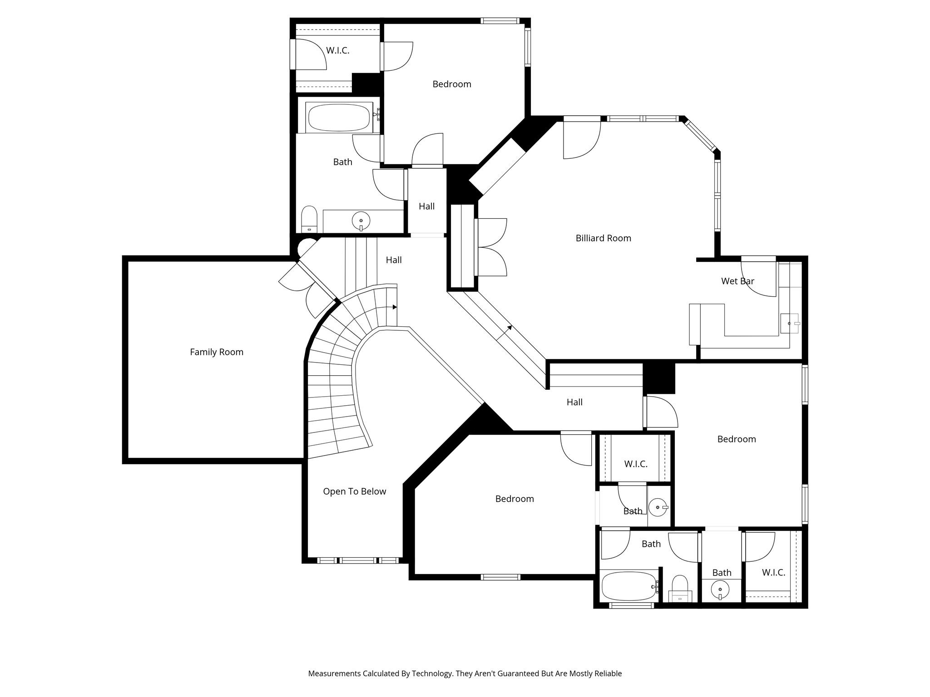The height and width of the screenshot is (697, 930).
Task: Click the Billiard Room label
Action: pyautogui.click(x=603, y=238)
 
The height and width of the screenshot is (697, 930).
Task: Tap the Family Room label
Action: pyautogui.click(x=217, y=352)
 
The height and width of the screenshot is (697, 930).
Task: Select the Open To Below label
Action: pyautogui.click(x=355, y=491)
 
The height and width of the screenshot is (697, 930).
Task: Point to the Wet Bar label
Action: pyautogui.click(x=737, y=281)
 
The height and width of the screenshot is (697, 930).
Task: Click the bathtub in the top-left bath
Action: pyautogui.click(x=339, y=118)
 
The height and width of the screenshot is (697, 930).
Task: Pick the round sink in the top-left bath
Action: pyautogui.click(x=361, y=221)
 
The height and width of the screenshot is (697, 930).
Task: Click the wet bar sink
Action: pyautogui.click(x=789, y=324)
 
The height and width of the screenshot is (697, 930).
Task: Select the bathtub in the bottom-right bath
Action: pyautogui.click(x=629, y=586)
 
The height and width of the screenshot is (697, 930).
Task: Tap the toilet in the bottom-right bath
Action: pyautogui.click(x=680, y=588)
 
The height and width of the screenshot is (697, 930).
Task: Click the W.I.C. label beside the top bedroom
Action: pyautogui.click(x=338, y=51)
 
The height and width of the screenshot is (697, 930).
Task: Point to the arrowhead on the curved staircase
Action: pyautogui.click(x=395, y=307)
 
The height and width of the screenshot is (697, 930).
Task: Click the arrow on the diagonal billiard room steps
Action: pyautogui.click(x=504, y=333)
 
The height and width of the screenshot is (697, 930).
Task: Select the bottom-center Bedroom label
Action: pyautogui.click(x=514, y=499)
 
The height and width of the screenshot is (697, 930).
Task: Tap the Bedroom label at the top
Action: pyautogui.click(x=452, y=84)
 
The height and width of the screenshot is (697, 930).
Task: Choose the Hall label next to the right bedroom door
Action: pyautogui.click(x=574, y=402)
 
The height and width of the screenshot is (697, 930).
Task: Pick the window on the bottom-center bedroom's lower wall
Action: pyautogui.click(x=500, y=577)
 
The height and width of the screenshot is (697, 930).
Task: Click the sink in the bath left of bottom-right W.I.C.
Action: pyautogui.click(x=720, y=590)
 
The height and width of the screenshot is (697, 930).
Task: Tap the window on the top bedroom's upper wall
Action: pyautogui.click(x=500, y=21)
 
